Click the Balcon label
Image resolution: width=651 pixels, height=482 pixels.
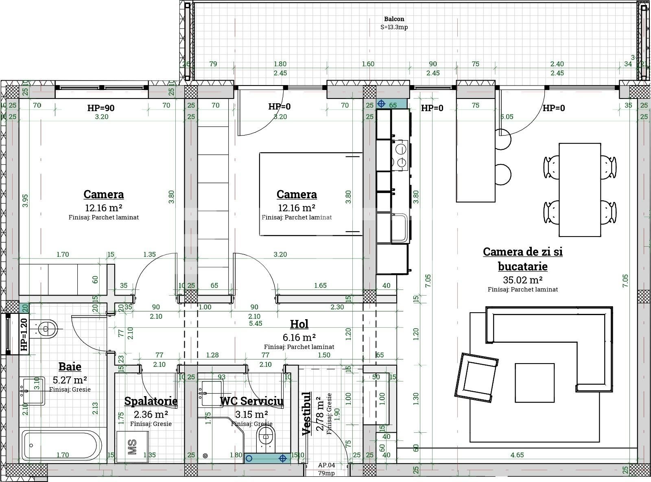pyautogui.click(x=394, y=19)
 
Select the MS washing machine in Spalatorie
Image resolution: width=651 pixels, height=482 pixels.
pyautogui.click(x=133, y=446)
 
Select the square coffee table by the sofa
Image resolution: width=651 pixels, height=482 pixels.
pyautogui.click(x=534, y=382)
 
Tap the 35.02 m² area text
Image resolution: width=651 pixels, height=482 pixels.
pyautogui.click(x=522, y=280)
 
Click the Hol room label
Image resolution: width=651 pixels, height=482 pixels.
pyautogui.click(x=299, y=324)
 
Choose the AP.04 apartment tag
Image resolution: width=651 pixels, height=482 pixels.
pyautogui.click(x=326, y=465)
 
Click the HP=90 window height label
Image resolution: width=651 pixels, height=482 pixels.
pyautogui.click(x=101, y=108)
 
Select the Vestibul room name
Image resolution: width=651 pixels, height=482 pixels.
pyautogui.click(x=306, y=414)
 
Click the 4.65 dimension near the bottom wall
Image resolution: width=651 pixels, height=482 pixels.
pyautogui.click(x=517, y=455)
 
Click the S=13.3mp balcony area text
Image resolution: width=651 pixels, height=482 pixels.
pyautogui.click(x=394, y=27)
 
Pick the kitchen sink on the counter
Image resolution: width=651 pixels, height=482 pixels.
pyautogui.click(x=399, y=228)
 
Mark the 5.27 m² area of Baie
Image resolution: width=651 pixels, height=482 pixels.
pyautogui.click(x=70, y=380)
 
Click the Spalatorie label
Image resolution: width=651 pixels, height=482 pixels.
pyautogui.click(x=151, y=401)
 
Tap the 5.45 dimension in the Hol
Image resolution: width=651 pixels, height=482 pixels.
pyautogui.click(x=256, y=323)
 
